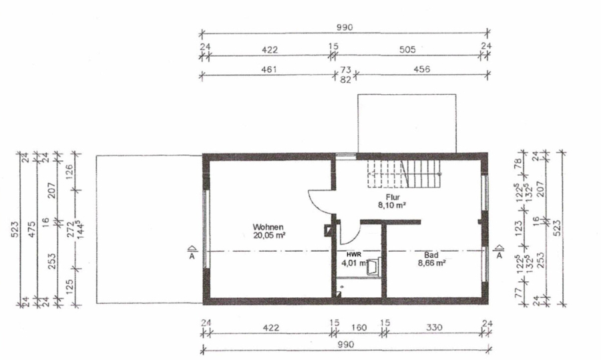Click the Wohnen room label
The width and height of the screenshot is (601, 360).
[x=268, y=227]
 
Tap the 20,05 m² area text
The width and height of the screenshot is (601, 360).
[x=269, y=235]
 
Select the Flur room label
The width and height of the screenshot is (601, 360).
[x=393, y=197]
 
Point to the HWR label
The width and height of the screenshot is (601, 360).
[x=354, y=254]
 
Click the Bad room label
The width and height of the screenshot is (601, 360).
[x=431, y=255]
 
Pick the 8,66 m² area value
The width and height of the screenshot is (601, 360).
[x=431, y=263]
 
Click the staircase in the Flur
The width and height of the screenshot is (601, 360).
[x=403, y=174]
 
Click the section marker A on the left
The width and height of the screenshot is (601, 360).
[x=192, y=252]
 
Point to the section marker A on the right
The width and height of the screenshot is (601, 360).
[x=499, y=252]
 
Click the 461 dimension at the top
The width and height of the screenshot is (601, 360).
[x=269, y=69]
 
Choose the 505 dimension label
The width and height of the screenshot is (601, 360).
[x=407, y=49]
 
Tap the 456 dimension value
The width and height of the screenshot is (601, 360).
[x=421, y=69]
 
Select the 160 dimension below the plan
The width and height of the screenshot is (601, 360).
[x=359, y=328]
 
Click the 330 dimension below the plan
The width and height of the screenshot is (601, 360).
[x=434, y=328]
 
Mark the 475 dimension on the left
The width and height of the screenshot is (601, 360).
[x=32, y=229]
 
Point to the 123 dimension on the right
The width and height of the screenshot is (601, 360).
[x=519, y=228]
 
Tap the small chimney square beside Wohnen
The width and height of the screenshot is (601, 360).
[x=329, y=230]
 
